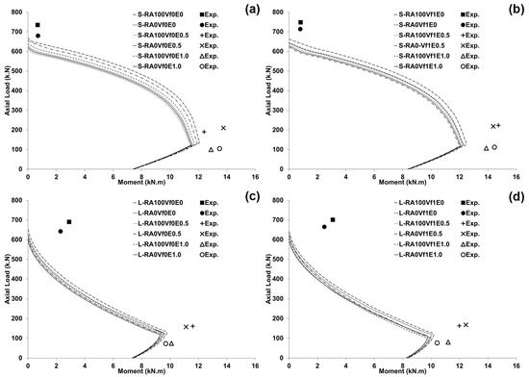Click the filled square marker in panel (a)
tap(38, 25)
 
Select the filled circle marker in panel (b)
tap(300, 29)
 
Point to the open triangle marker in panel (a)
tap(211, 149)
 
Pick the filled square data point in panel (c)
tap(69, 221)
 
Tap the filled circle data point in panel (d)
tap(324, 227)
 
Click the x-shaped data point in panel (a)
tap(223, 128)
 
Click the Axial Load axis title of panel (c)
tap(7, 278)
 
